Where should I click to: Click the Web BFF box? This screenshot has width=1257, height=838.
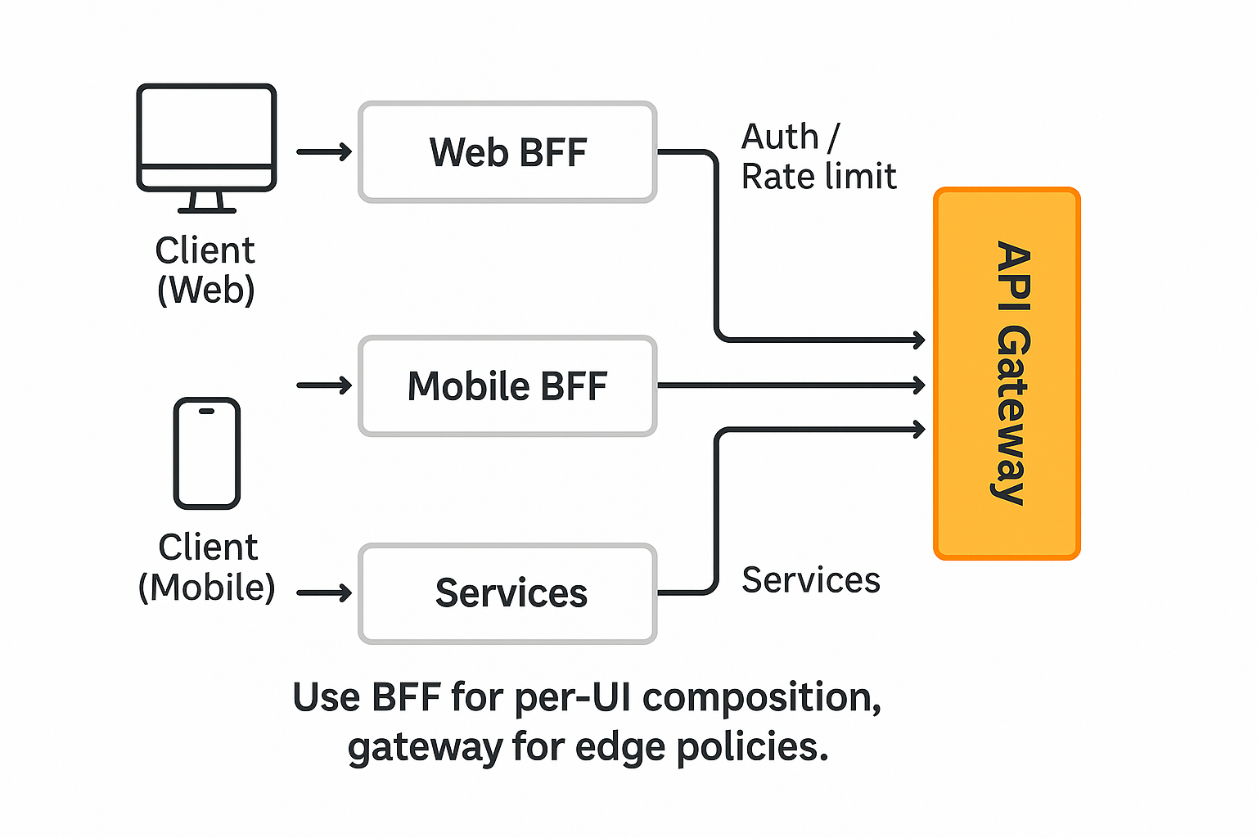coord(507,152)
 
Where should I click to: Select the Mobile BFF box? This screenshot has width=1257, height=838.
coord(507,386)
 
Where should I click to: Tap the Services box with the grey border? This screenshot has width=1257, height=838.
coord(507,593)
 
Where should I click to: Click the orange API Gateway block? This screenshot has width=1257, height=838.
coord(1007,374)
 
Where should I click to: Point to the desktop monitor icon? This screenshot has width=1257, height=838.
coord(206,137)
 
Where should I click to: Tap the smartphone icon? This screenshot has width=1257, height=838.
coord(207,453)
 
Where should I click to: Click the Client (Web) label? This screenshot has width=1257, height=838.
coord(205,270)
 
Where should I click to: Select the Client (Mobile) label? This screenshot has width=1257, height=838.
coord(207,567)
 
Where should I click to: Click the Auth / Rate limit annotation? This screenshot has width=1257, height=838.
coord(818,156)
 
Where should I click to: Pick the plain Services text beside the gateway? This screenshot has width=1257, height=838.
coord(810,580)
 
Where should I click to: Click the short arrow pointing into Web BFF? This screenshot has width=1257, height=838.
coord(324,152)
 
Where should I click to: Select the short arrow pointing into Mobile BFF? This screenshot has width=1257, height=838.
coord(324,385)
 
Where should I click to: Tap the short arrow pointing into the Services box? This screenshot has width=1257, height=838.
coord(324,593)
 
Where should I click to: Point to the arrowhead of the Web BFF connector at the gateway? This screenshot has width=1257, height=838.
coord(919,340)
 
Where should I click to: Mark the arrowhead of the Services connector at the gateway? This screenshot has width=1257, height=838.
coord(919,429)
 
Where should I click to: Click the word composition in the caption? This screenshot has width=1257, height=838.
coord(761,698)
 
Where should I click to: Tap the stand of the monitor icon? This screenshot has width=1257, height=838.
coord(206,202)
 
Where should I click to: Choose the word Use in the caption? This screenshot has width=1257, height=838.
coord(326,698)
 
